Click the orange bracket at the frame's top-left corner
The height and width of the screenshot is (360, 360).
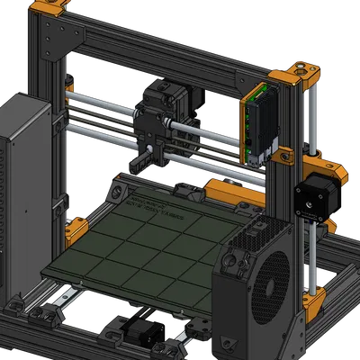(49, 13)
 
